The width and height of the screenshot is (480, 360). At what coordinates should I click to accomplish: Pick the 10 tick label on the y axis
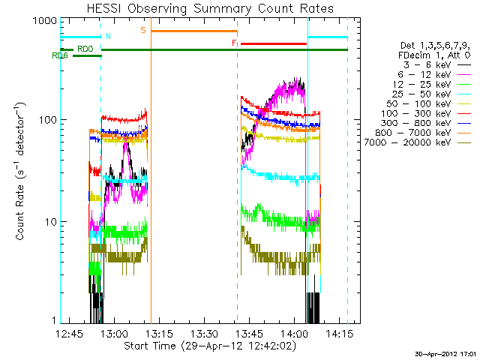[x=49, y=222]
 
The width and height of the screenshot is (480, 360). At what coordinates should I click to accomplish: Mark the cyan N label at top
[x=108, y=35]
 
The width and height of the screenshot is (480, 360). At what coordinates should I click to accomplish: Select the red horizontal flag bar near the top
[x=274, y=43]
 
